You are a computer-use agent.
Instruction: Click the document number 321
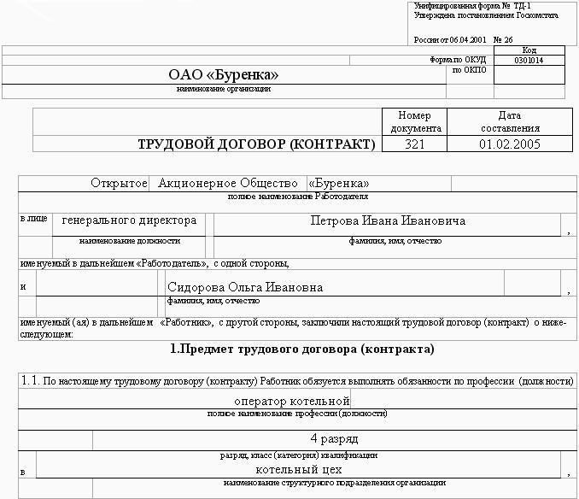(414, 144)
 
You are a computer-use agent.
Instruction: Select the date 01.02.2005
(510, 144)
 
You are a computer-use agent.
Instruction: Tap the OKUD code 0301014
(529, 61)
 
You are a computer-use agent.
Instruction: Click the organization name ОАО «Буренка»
(224, 75)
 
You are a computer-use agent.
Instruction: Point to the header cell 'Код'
(529, 50)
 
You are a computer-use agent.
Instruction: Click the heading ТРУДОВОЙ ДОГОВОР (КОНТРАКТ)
(256, 144)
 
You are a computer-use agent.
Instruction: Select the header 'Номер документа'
(415, 121)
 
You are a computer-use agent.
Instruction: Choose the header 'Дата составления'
(510, 121)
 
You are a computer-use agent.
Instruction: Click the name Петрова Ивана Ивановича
(388, 220)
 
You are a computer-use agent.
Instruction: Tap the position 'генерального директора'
(129, 220)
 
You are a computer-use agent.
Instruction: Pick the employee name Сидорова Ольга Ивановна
(245, 287)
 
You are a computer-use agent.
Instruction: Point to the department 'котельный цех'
(299, 469)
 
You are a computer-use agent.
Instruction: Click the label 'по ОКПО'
(469, 70)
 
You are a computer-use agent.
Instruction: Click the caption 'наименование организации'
(224, 89)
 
